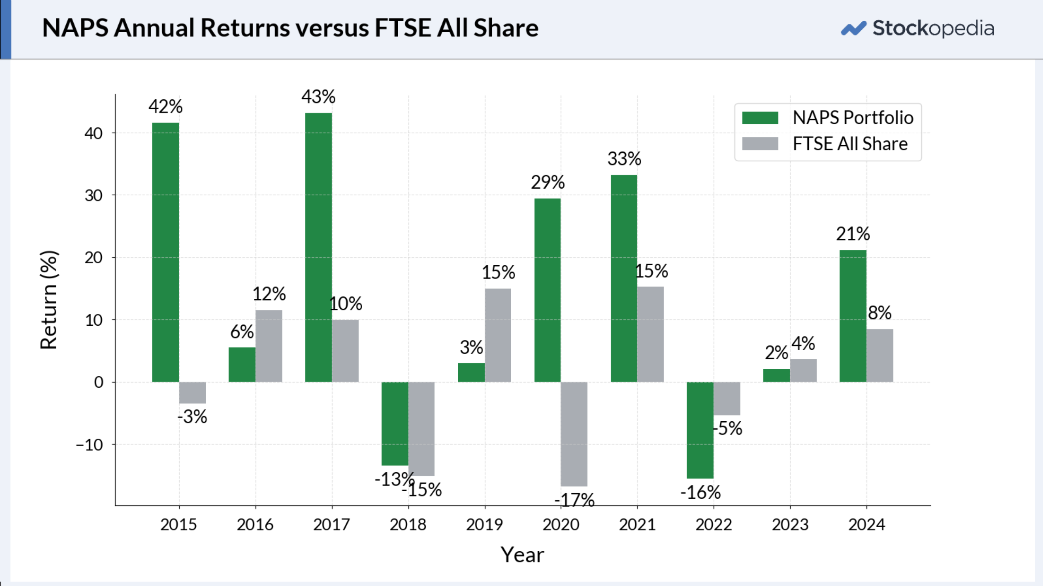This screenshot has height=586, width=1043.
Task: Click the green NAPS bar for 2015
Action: pos(166,252)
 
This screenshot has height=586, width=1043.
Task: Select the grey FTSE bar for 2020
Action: pos(574,434)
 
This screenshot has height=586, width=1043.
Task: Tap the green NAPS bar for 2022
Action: pos(700,430)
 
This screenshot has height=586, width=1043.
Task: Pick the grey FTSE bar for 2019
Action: pos(498,335)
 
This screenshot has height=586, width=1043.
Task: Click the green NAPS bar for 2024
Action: pos(853,316)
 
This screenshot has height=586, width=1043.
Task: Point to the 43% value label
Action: pos(318,97)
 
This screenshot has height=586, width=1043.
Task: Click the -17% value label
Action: pos(574,500)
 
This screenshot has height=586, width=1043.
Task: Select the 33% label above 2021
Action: pos(624,159)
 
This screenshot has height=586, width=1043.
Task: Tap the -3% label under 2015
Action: pos(192,416)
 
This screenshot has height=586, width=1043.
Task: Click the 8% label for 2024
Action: pos(880,312)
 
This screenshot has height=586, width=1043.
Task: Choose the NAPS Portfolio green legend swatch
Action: pos(760,118)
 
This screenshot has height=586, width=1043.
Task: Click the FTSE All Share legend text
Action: pos(850,144)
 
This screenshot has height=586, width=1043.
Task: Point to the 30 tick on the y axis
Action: pos(94,195)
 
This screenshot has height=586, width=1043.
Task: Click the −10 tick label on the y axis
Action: pos(89,445)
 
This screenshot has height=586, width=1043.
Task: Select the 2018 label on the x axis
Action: pos(408,525)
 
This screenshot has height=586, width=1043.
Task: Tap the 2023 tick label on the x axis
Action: pos(790,525)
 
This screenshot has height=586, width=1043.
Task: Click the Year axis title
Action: pos(522,555)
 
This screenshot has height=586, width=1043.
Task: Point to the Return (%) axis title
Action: pos(49,300)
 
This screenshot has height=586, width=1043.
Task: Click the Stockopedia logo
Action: pos(918,28)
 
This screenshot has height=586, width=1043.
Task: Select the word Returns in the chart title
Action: pos(245,28)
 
